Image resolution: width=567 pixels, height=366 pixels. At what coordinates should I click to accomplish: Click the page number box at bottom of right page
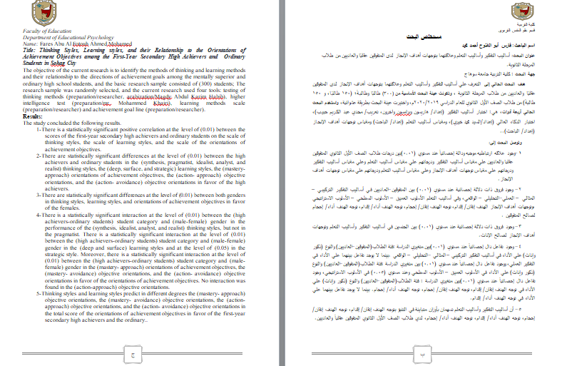[420, 352]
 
